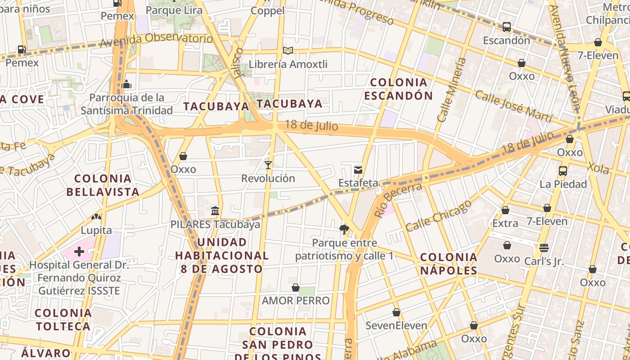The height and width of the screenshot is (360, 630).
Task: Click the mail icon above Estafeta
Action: pos(358,170)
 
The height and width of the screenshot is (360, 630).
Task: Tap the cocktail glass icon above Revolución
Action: pos(268,165)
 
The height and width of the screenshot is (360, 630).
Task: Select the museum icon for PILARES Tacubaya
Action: pos(215,211)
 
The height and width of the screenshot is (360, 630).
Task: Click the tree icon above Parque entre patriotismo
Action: pos(344,229)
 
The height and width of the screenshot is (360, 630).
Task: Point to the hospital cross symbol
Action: pos(79,251)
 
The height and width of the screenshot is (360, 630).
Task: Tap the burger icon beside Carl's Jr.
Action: pos(544,247)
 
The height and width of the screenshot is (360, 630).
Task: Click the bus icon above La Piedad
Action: pos(563,171)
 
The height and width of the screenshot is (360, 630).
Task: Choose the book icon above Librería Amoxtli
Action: pos(288,51)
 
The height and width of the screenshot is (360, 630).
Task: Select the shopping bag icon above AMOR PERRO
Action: pos(296,288)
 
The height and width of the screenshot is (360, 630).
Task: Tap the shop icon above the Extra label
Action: pos(505,210)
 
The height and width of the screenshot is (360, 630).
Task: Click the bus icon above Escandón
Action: pos(507,27)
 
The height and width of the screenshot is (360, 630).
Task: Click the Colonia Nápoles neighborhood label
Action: pos(449,264)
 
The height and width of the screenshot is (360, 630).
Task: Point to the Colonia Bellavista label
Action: pos(103,185)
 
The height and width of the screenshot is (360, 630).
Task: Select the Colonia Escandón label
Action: pos(398,89)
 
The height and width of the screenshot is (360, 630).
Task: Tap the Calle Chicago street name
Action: pos(439,216)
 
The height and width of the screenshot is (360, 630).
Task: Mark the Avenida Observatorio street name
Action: pos(156,40)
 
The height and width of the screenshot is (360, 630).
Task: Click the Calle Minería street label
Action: pos(453,90)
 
